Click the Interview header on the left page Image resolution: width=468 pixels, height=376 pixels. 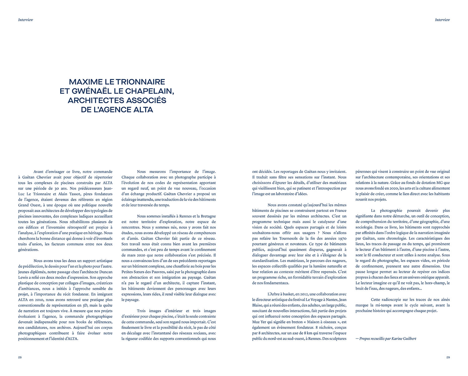tap(26, 20)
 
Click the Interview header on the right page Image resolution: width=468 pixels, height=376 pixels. tap(442, 20)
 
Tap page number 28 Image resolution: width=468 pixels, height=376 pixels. tap(20, 358)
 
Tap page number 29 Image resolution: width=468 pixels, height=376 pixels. tap(448, 358)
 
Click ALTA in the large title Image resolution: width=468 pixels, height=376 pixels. tap(143, 110)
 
